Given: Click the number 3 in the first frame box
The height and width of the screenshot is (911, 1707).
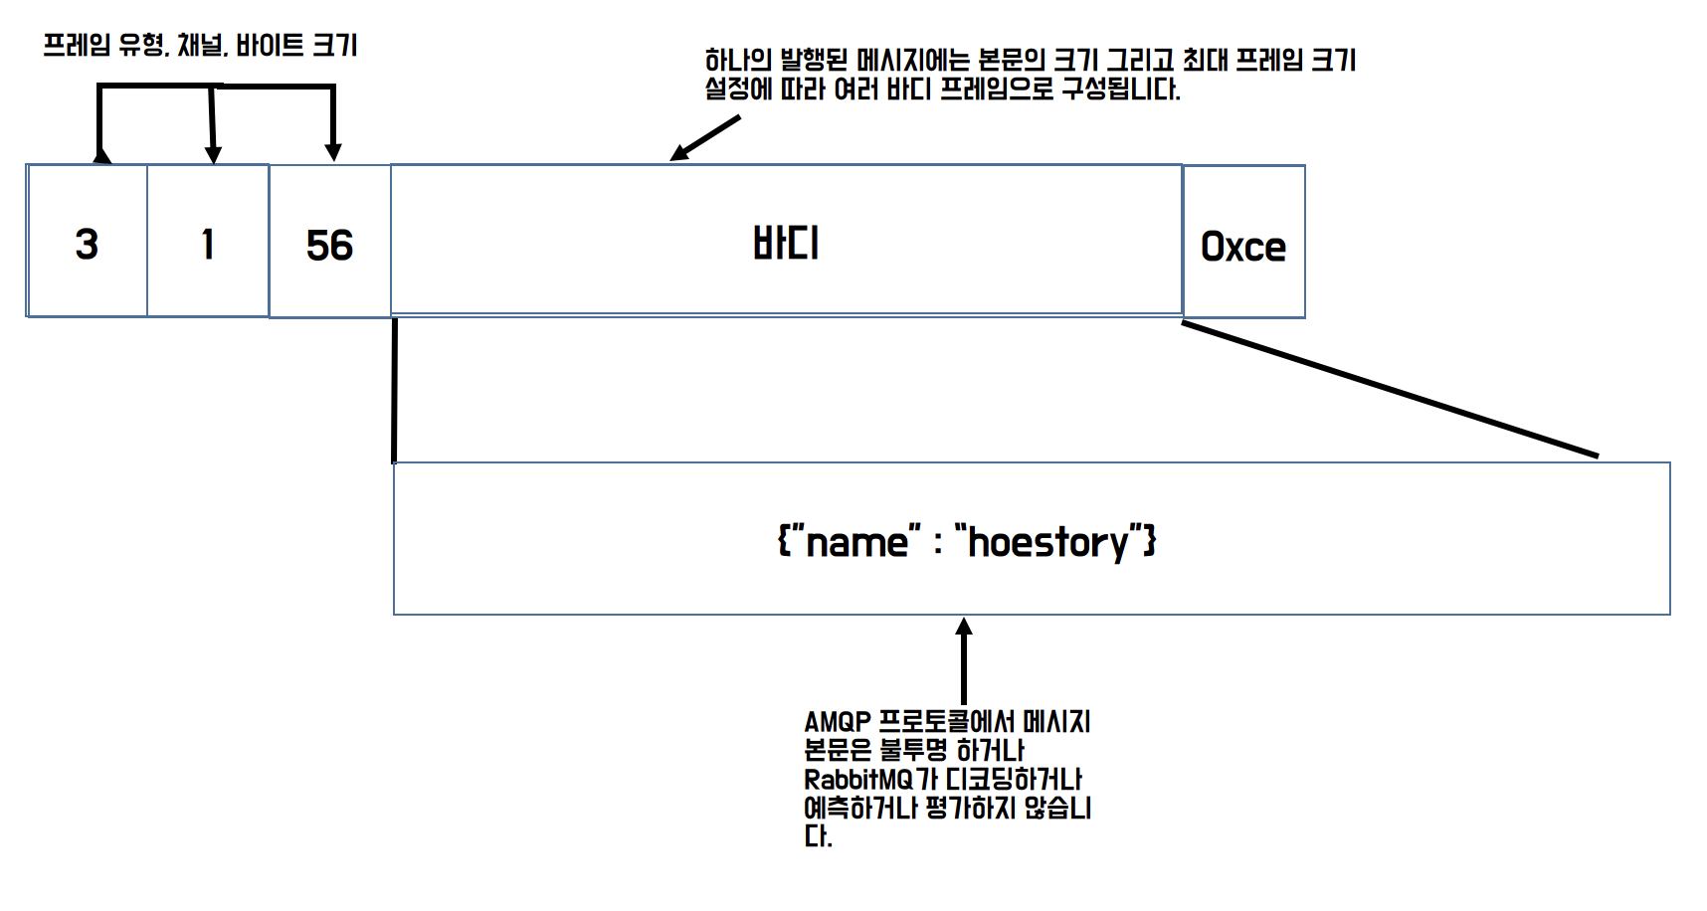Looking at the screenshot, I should [87, 245].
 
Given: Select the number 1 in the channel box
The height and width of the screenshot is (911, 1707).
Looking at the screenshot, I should [208, 245].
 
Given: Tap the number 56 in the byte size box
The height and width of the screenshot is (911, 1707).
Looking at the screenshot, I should [329, 246].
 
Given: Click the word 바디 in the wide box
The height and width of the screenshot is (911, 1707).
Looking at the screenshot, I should [786, 244].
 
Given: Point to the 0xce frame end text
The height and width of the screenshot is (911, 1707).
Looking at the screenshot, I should [1243, 247].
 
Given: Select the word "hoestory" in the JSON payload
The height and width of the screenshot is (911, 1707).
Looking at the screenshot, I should [1048, 543].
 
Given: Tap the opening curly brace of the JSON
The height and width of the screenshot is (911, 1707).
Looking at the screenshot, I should [784, 542].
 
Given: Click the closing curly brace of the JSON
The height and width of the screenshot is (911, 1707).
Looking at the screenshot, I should [1150, 542].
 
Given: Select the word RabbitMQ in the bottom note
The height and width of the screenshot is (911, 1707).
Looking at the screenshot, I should [857, 780].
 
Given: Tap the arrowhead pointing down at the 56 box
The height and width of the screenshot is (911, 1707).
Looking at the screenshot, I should [333, 152].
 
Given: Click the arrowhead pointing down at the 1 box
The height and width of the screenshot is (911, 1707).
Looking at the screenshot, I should [213, 154].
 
